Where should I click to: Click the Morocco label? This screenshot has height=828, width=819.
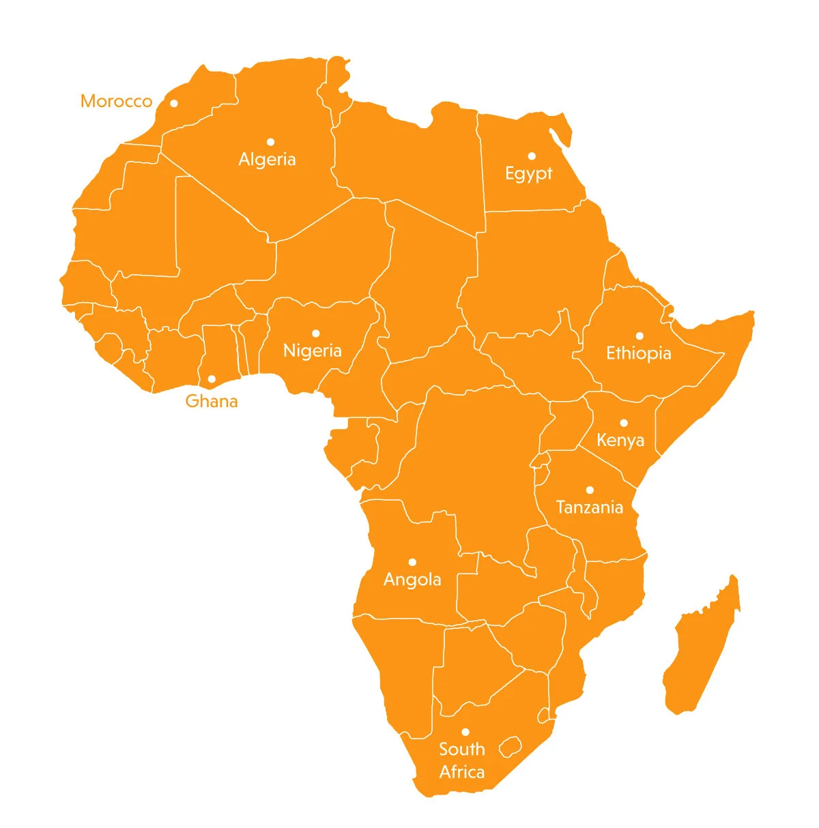(x=116, y=102)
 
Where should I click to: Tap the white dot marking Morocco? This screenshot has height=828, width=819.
(x=174, y=104)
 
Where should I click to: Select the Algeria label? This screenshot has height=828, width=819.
(x=267, y=160)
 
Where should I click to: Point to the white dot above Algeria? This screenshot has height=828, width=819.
(x=270, y=142)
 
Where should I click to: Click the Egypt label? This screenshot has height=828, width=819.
(x=528, y=174)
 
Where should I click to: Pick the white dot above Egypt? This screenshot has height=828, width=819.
(x=532, y=156)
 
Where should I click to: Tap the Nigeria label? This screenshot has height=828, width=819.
(x=312, y=351)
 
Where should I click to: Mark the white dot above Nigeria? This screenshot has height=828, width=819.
(x=315, y=334)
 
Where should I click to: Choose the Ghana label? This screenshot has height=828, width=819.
(x=212, y=401)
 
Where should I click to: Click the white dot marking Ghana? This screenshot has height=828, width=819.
(x=212, y=379)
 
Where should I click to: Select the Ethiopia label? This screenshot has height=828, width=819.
(x=638, y=353)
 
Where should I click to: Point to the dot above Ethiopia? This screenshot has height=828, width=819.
(x=640, y=336)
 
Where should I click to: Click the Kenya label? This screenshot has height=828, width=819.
(x=620, y=441)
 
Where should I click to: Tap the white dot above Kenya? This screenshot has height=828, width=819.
(x=623, y=423)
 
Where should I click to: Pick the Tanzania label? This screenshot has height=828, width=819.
(x=589, y=507)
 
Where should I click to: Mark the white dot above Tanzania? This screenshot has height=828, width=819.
(x=590, y=490)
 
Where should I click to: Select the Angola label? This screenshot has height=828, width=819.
(x=412, y=580)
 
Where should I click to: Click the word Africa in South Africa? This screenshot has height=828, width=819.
(x=462, y=772)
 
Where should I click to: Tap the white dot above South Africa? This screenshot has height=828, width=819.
(x=465, y=732)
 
